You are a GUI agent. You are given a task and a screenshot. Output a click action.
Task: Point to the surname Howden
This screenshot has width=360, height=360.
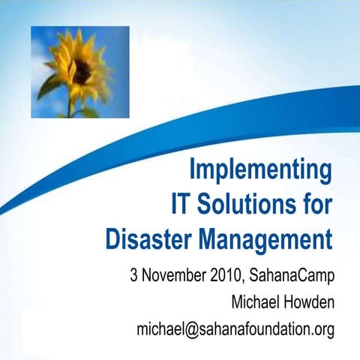[x=309, y=302]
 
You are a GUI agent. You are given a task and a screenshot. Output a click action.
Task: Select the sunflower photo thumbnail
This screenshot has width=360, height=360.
[x=79, y=71]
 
